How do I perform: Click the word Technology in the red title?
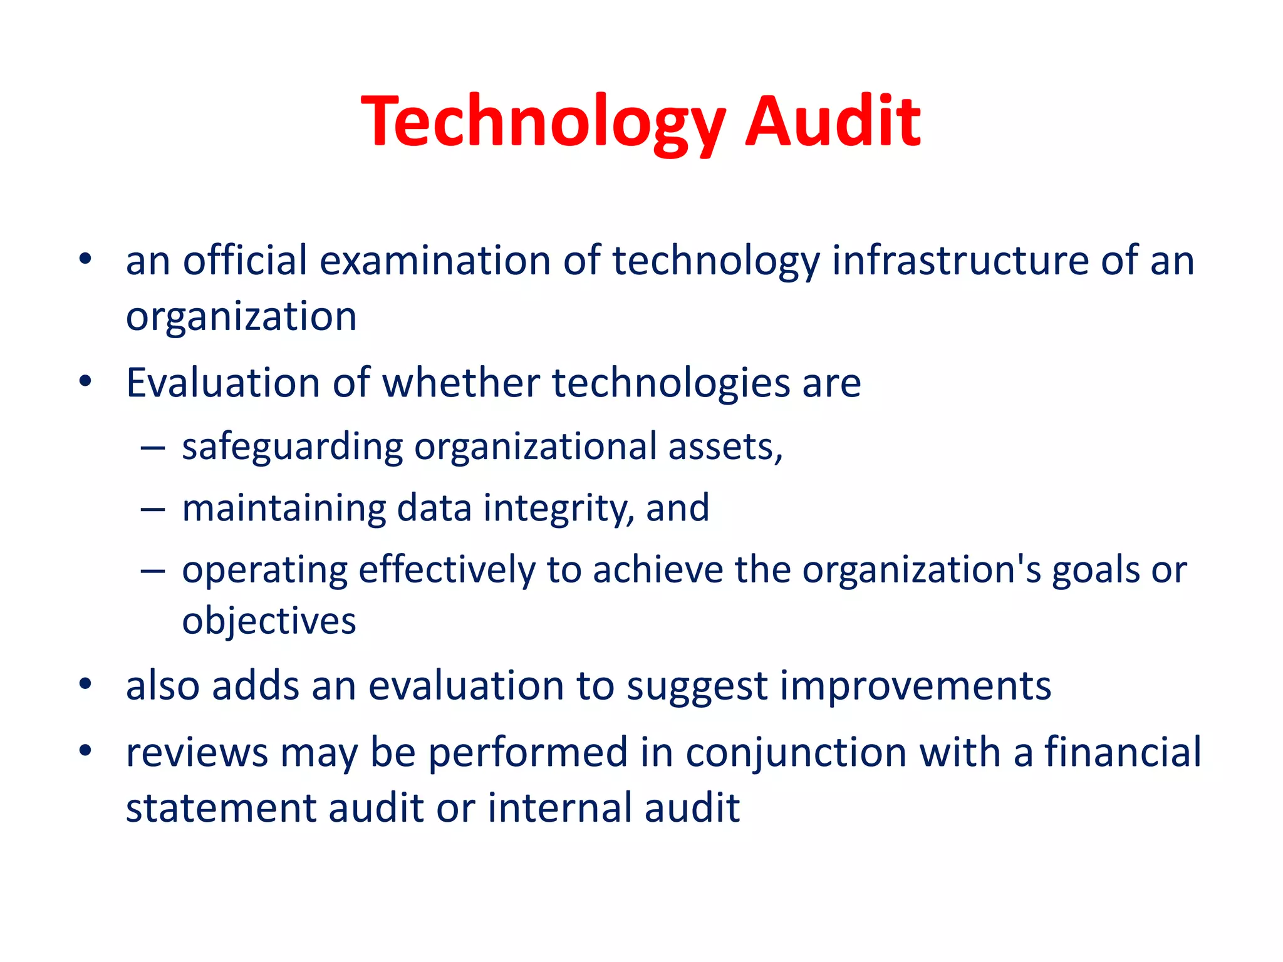pos(543,122)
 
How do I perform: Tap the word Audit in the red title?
pos(833,122)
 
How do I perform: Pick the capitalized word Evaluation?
pos(223,383)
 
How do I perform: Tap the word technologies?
pos(671,383)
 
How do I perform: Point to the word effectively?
pos(447,571)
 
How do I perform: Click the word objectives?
pos(269,621)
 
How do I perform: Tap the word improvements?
pos(915,686)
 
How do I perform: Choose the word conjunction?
pos(796,753)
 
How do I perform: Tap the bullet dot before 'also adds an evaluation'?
pos(86,684)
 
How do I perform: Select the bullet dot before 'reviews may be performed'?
pos(86,750)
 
